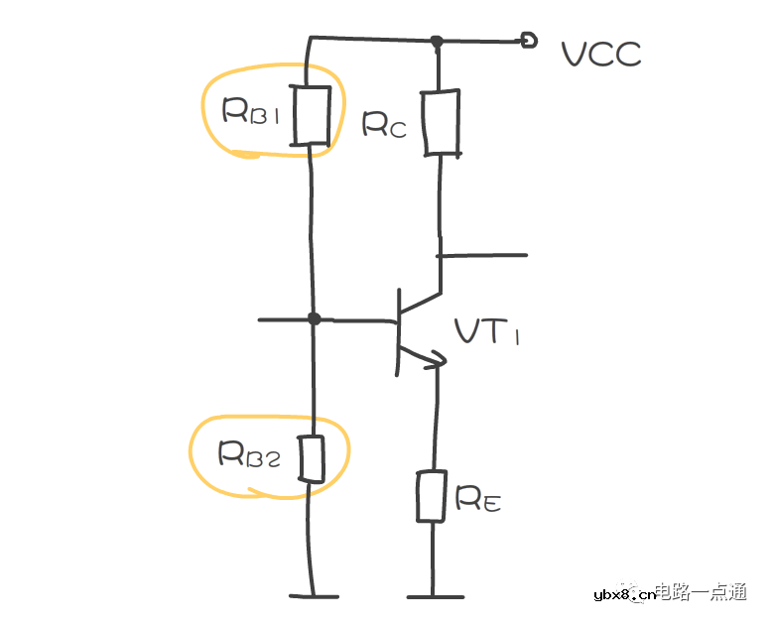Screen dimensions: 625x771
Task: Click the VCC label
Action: click(601, 54)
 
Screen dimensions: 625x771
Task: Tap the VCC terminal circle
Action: click(530, 41)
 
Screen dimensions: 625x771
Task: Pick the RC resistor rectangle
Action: click(441, 122)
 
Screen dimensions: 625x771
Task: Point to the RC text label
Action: click(384, 124)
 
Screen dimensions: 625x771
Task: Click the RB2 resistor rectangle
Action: click(313, 459)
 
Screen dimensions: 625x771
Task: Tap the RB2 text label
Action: click(249, 453)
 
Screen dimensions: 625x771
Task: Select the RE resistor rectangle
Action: click(432, 497)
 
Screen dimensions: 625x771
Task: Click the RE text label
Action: click(478, 499)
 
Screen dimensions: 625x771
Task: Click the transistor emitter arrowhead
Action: click(435, 361)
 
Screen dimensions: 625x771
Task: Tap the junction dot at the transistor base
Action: click(314, 318)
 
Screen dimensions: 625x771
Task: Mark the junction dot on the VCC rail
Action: click(436, 42)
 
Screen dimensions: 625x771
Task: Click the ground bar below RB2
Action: click(314, 597)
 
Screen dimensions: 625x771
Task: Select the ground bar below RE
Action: click(434, 597)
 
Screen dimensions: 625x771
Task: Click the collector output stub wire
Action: click(483, 255)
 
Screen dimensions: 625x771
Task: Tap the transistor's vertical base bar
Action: click(397, 331)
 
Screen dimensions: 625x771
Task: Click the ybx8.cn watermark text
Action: click(623, 594)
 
